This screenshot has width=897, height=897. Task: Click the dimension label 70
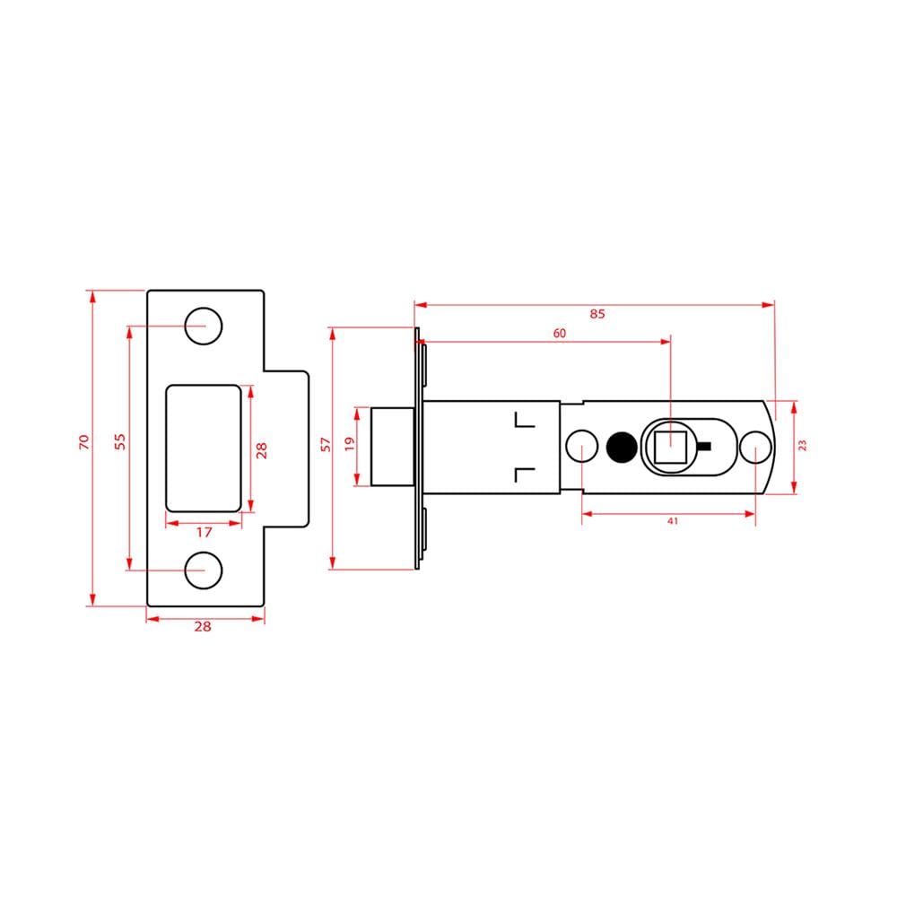[84, 441]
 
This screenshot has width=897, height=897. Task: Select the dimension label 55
[119, 441]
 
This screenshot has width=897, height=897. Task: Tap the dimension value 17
[205, 533]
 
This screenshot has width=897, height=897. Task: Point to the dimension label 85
[597, 313]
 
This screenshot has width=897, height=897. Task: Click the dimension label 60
[560, 333]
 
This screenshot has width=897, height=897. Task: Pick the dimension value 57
[327, 445]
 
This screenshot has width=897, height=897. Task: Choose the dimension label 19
[350, 444]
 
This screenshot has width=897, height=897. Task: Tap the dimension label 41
[673, 521]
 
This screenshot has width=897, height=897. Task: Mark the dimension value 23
[802, 445]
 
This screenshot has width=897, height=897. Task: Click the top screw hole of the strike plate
[204, 327]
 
